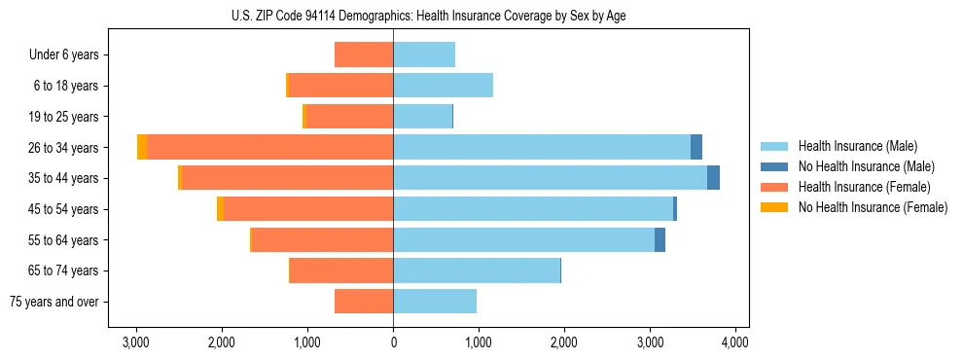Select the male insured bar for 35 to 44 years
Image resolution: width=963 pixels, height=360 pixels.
click(x=550, y=178)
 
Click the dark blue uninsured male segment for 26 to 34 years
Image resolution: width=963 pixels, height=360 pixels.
click(x=696, y=147)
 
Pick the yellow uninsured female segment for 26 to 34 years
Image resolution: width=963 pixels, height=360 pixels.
click(x=142, y=147)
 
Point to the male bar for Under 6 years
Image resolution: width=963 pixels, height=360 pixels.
click(x=424, y=54)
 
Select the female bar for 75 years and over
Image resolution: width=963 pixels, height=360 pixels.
click(x=364, y=302)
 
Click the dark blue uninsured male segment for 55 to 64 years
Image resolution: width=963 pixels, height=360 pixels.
click(x=660, y=239)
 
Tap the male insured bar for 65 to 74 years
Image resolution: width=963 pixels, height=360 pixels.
click(x=477, y=270)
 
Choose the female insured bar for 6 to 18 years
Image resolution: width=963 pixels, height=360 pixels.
click(x=340, y=86)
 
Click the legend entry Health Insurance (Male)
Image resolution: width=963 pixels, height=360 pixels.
click(x=857, y=146)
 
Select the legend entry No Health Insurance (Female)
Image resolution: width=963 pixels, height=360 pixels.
click(x=873, y=207)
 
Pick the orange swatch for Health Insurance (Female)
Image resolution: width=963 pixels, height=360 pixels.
click(x=775, y=187)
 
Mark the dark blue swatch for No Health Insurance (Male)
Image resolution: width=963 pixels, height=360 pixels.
click(x=775, y=166)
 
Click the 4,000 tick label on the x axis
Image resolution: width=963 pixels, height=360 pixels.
click(x=734, y=342)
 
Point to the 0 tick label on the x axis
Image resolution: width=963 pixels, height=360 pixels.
click(x=393, y=342)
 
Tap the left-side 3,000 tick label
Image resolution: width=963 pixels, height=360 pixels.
click(x=136, y=342)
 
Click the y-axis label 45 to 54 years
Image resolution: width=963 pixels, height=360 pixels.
click(x=64, y=209)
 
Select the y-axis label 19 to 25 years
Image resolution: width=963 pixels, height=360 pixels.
click(x=64, y=117)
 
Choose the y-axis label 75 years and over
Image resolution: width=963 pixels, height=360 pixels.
click(x=54, y=302)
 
